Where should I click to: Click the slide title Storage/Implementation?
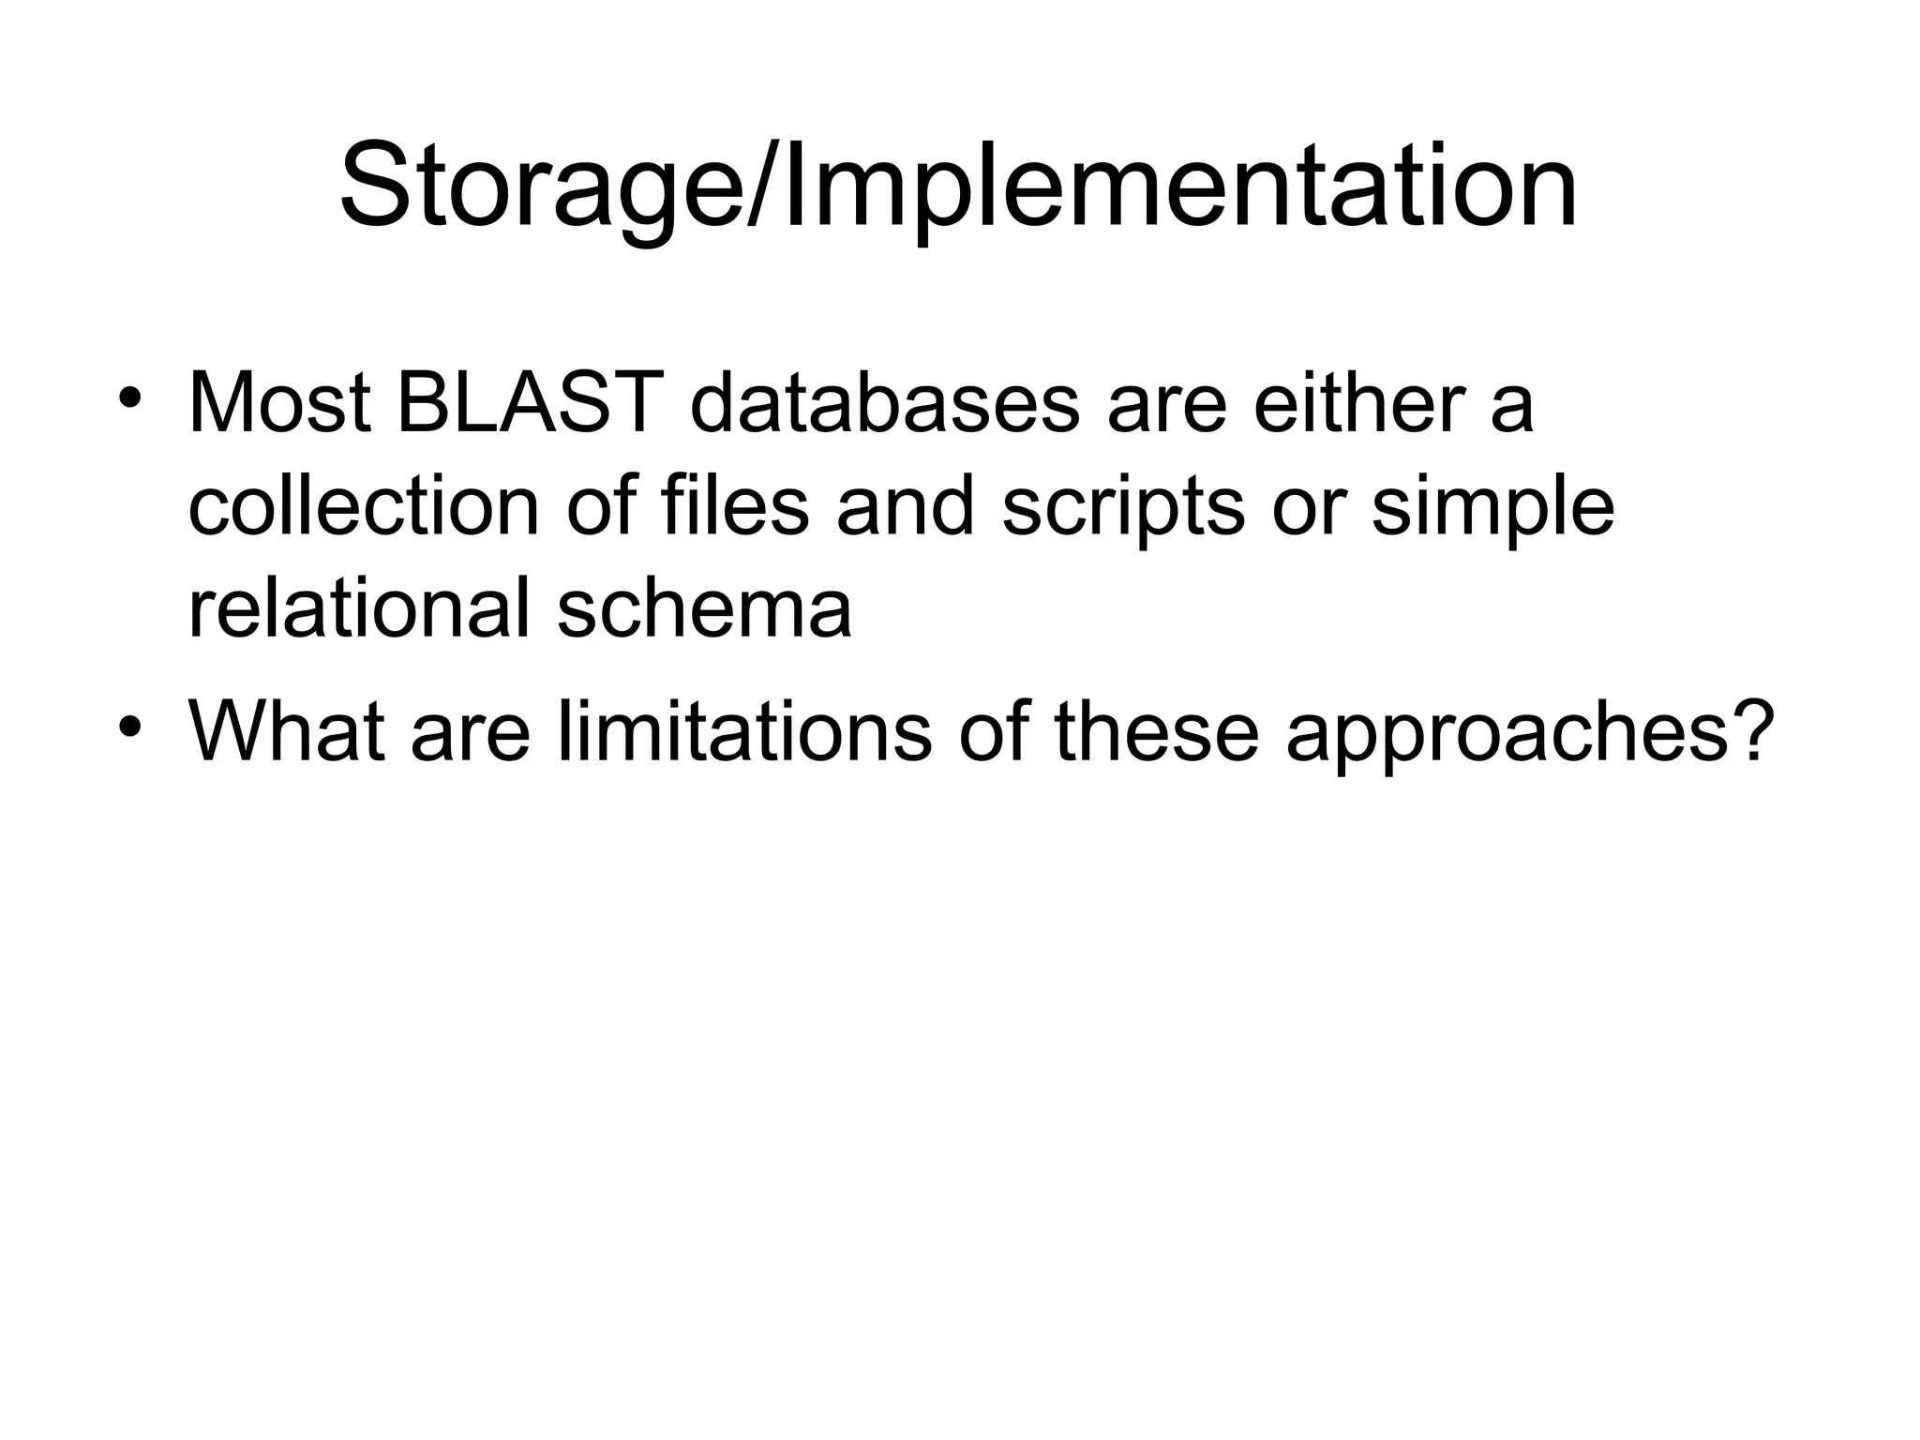(x=958, y=186)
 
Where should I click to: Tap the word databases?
(x=885, y=405)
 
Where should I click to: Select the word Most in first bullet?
(x=279, y=405)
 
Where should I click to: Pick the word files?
(x=734, y=507)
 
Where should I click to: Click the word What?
(x=287, y=732)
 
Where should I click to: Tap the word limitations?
(x=744, y=732)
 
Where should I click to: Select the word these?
(x=1156, y=732)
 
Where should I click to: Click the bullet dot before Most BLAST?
(x=129, y=397)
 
